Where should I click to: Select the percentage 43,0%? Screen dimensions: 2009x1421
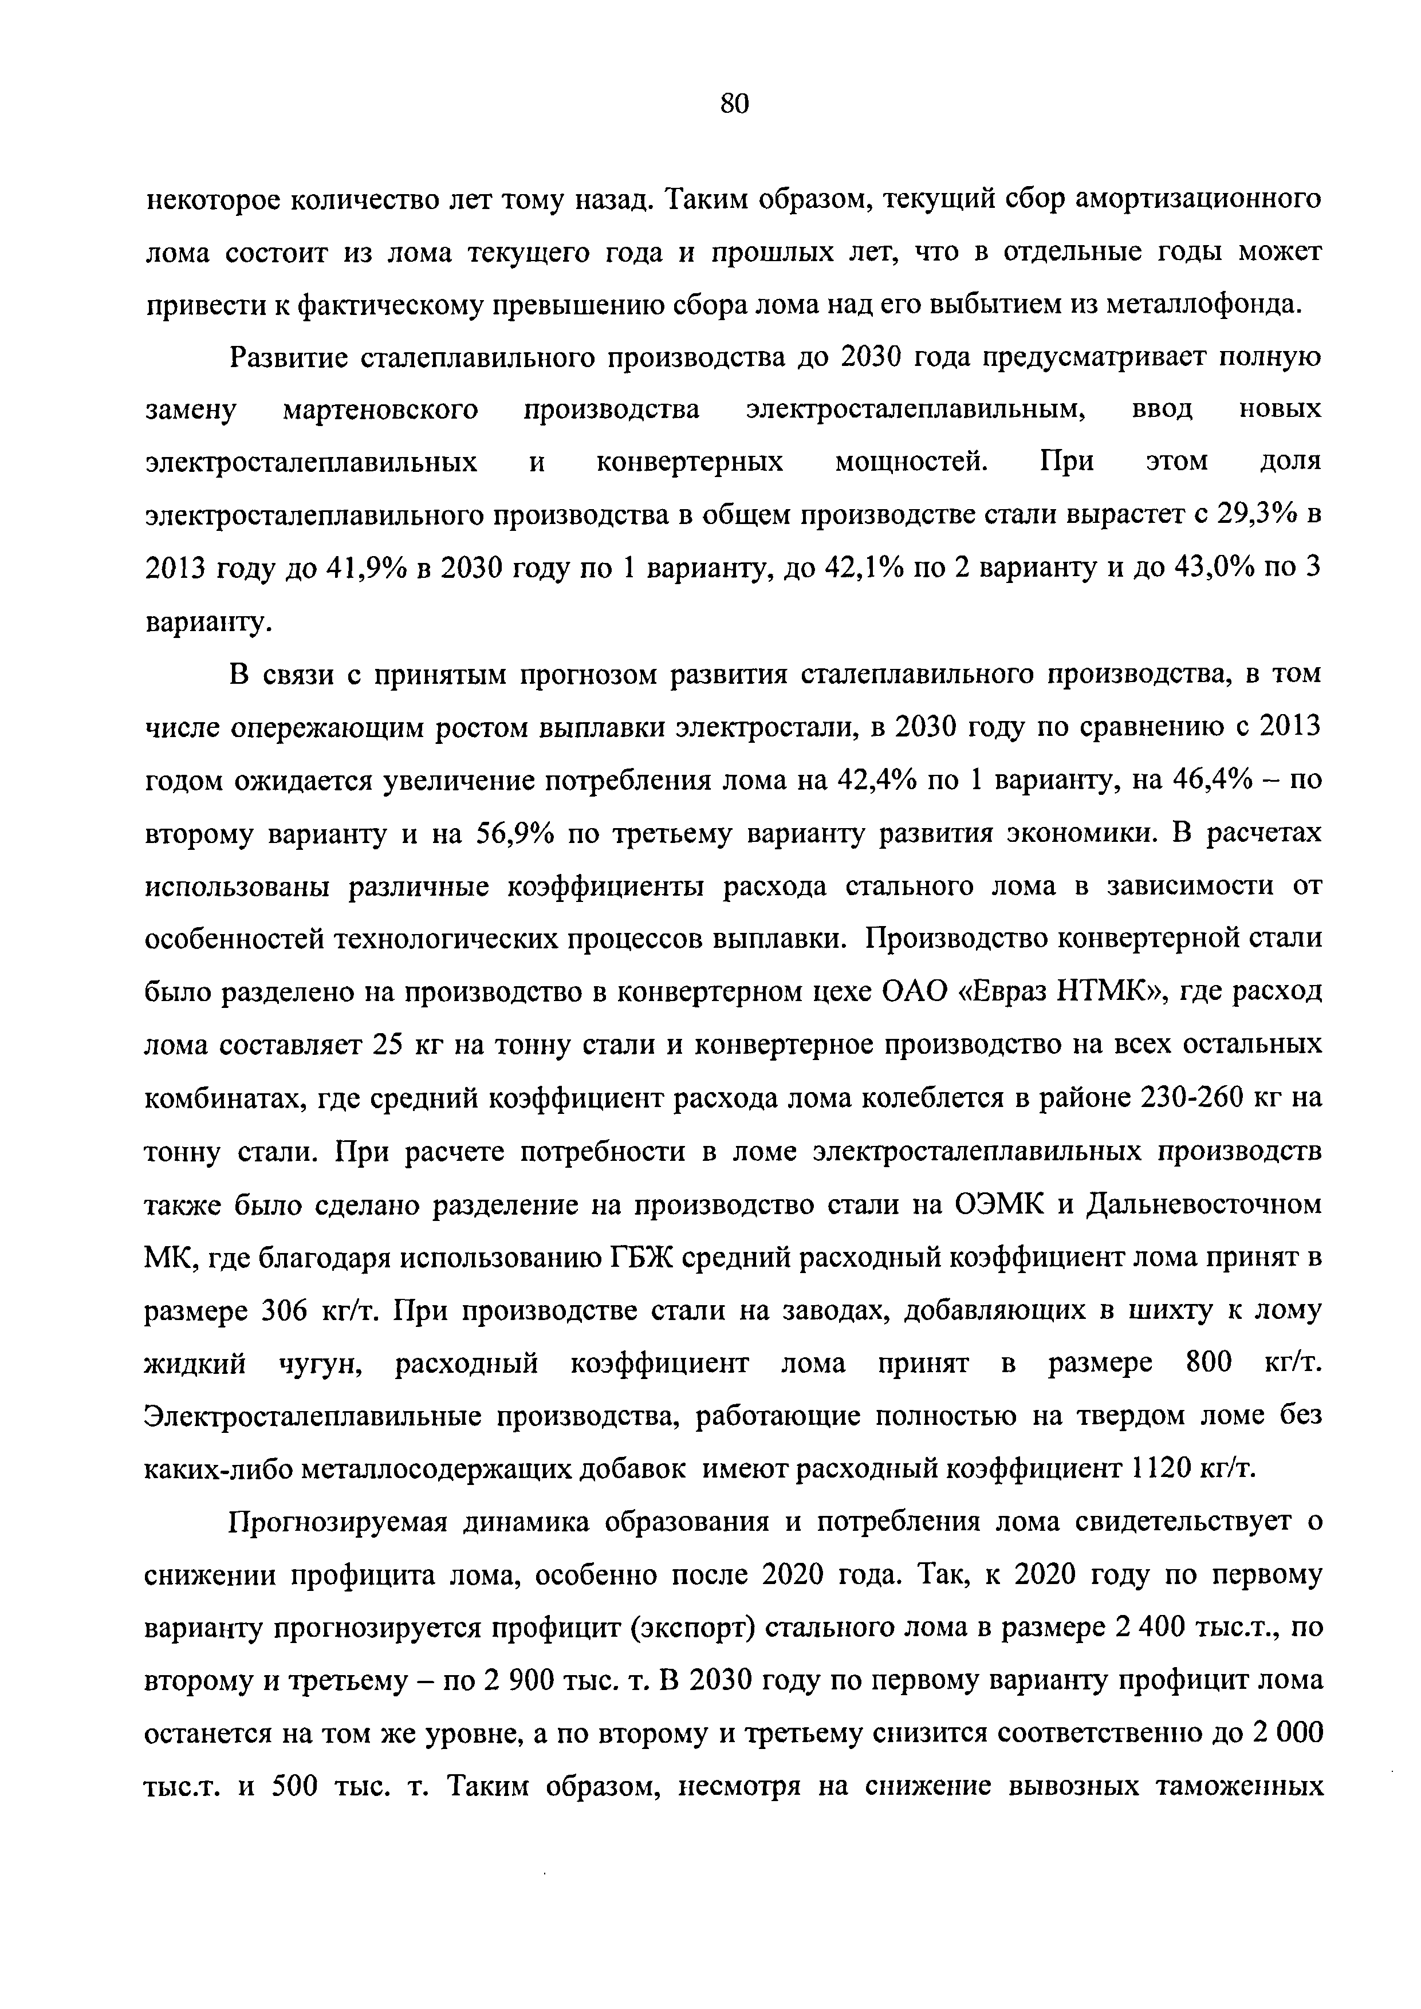1214,569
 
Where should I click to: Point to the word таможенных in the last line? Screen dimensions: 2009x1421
1242,1786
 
